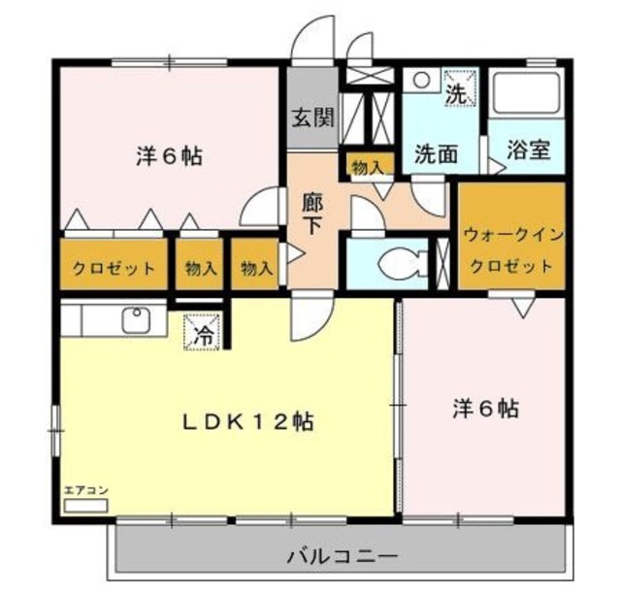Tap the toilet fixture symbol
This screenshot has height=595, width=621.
(x=400, y=261)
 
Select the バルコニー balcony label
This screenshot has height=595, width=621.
(x=341, y=558)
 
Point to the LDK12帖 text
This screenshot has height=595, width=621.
(x=250, y=423)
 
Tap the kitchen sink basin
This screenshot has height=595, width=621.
(x=135, y=318)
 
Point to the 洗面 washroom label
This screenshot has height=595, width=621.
(x=436, y=154)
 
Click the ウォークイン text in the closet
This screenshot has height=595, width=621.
(x=511, y=235)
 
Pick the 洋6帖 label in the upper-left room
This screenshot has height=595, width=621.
(x=168, y=156)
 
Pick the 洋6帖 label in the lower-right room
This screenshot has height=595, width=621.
(x=484, y=409)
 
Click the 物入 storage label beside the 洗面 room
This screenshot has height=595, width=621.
(x=368, y=167)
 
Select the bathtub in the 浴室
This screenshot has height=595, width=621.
(x=526, y=95)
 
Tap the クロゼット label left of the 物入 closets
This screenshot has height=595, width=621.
(x=113, y=268)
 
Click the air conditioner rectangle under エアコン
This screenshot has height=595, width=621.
(x=82, y=506)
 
